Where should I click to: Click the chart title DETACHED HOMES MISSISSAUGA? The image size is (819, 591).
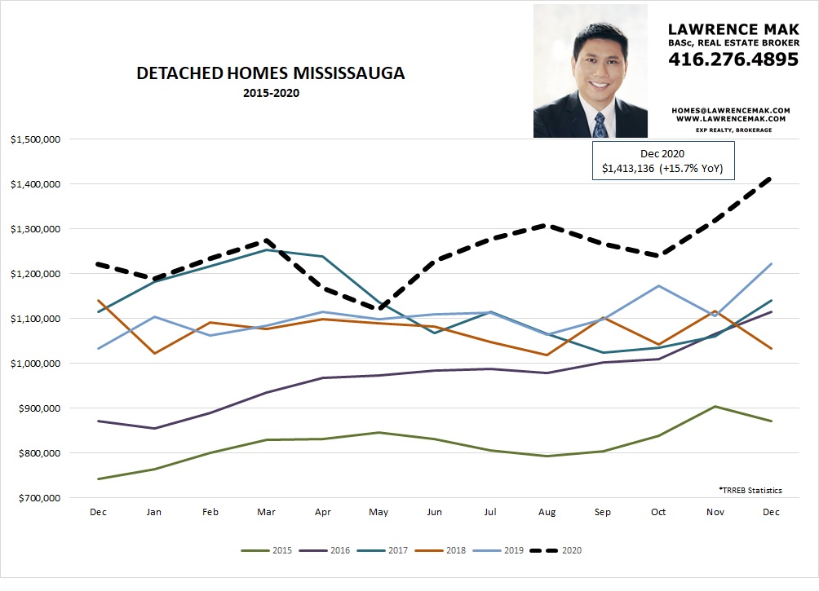(271, 73)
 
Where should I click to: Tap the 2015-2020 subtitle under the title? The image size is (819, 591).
(271, 93)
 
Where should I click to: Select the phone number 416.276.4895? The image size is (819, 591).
(733, 59)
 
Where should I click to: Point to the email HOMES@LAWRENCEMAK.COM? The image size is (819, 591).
(730, 109)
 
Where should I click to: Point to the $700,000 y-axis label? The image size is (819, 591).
(38, 497)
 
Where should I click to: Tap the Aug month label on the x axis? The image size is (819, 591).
(546, 512)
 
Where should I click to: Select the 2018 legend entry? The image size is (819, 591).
(445, 551)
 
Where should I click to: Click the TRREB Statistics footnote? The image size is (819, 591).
(750, 490)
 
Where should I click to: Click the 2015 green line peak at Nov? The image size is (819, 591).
(715, 406)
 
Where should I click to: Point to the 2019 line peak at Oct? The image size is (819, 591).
(658, 286)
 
